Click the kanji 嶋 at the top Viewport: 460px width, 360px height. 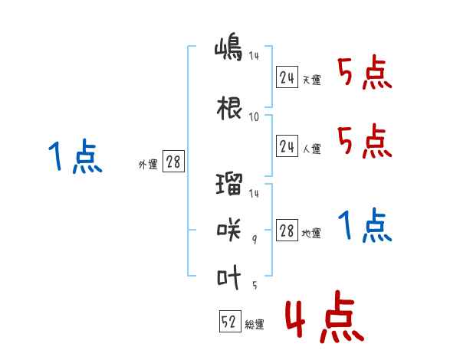(228, 49)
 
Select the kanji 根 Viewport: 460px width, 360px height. (229, 108)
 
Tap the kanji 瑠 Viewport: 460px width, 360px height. (229, 184)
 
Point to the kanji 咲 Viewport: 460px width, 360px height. (228, 231)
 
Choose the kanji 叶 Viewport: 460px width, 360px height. (228, 277)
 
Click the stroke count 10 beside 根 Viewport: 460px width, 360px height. (254, 117)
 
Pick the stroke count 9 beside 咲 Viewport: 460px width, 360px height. (255, 240)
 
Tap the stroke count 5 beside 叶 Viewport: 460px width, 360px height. (255, 285)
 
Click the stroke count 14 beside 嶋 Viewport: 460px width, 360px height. (254, 56)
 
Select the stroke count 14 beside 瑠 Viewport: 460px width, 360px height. (254, 193)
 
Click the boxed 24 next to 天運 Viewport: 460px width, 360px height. (287, 77)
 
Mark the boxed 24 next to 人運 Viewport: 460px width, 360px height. (287, 146)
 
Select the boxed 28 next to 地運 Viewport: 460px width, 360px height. (287, 230)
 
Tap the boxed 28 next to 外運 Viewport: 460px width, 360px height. (174, 161)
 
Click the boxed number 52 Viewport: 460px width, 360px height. (230, 321)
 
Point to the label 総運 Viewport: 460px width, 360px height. (255, 325)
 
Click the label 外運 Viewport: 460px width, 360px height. (148, 165)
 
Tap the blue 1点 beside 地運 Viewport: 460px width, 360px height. (365, 225)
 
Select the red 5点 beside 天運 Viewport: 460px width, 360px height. (365, 72)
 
